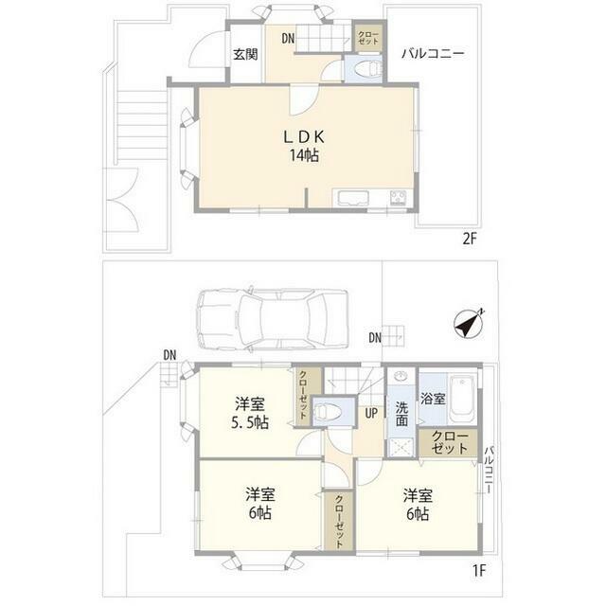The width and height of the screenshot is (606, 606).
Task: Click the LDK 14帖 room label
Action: click(304, 146)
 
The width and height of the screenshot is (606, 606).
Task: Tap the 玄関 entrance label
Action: click(245, 54)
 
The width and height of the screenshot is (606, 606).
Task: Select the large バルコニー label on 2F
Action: click(433, 53)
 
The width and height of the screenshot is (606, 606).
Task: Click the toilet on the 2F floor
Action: click(368, 70)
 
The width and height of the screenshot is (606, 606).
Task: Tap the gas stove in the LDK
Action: click(398, 198)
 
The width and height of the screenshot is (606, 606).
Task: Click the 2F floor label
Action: click(470, 240)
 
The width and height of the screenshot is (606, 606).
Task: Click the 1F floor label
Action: click(479, 570)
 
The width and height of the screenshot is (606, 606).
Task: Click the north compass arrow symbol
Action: click(469, 324)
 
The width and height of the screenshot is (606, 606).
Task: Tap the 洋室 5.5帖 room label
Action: click(250, 413)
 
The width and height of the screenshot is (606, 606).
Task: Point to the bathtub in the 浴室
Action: click(462, 399)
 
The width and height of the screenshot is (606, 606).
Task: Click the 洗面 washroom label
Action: click(401, 414)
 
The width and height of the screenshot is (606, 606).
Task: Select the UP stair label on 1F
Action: click(371, 413)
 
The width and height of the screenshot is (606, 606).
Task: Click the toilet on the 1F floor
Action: click(329, 411)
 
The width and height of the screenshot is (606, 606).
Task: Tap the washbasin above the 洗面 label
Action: click(401, 376)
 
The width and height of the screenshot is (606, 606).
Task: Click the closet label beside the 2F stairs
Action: click(368, 38)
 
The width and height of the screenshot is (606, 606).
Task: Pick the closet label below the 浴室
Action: click(450, 442)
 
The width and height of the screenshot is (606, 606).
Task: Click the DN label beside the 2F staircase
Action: click(288, 38)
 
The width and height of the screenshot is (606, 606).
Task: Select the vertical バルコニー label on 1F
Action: click(489, 470)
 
